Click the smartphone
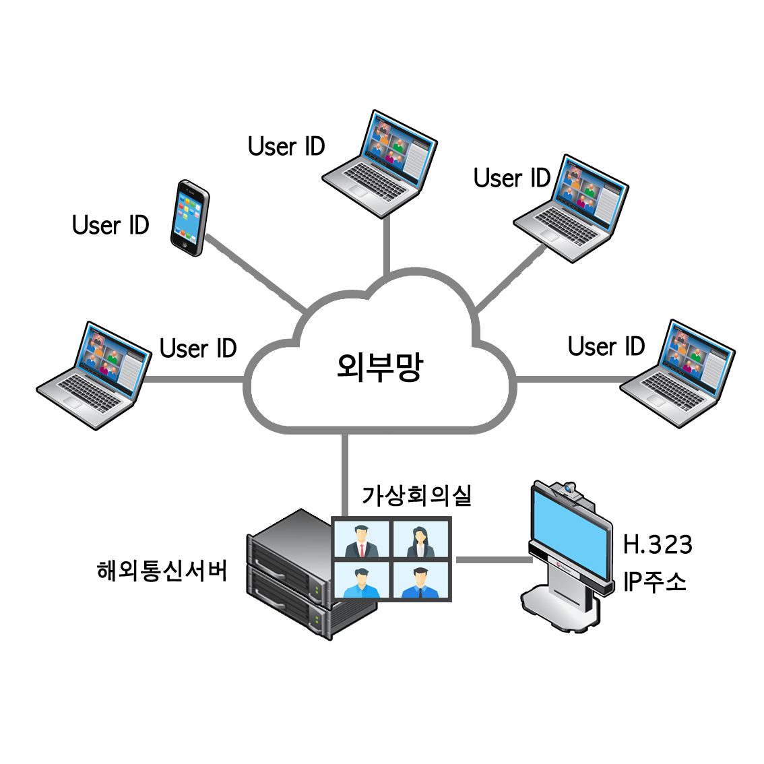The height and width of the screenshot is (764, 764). pyautogui.click(x=189, y=217)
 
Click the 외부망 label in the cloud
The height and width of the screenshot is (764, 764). pyautogui.click(x=379, y=367)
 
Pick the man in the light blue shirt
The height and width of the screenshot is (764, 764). pyautogui.click(x=361, y=583)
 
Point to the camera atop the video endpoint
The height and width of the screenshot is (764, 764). pyautogui.click(x=570, y=487)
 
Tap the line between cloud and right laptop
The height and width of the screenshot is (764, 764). pyautogui.click(x=569, y=379)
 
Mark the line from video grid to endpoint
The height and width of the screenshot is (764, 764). pyautogui.click(x=490, y=559)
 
